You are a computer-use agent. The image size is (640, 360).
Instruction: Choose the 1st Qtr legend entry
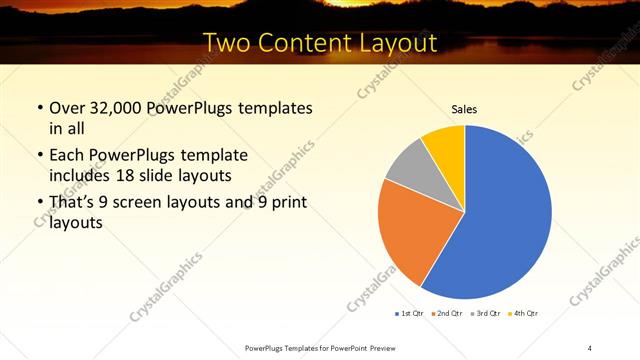pyautogui.click(x=409, y=314)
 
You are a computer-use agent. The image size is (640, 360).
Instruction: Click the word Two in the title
pyautogui.click(x=228, y=43)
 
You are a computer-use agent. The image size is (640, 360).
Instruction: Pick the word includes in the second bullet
pyautogui.click(x=84, y=175)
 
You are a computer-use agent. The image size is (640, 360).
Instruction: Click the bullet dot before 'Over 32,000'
pyautogui.click(x=39, y=108)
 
